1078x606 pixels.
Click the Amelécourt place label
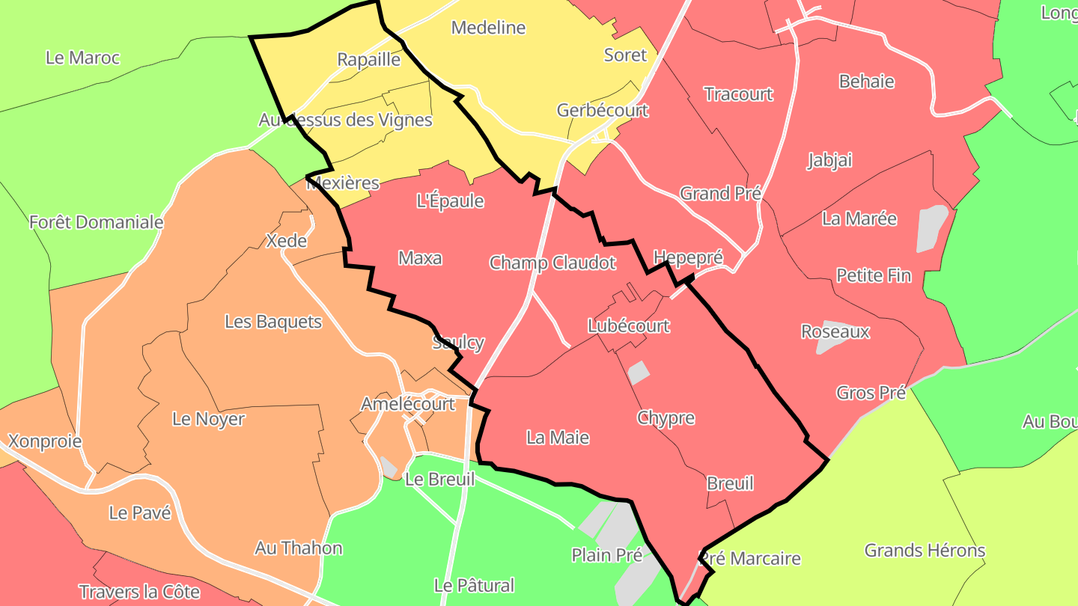pyautogui.click(x=407, y=404)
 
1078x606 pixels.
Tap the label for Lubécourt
pyautogui.click(x=628, y=326)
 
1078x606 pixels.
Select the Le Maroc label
pyautogui.click(x=82, y=58)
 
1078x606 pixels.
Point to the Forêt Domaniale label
pyautogui.click(x=96, y=222)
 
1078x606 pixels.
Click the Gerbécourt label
pyautogui.click(x=603, y=110)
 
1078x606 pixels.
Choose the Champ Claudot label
pyautogui.click(x=552, y=263)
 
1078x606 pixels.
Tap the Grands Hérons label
pyautogui.click(x=925, y=551)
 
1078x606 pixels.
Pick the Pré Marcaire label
pyautogui.click(x=750, y=558)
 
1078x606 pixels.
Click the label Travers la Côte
pyautogui.click(x=139, y=592)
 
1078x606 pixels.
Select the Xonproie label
pyautogui.click(x=44, y=441)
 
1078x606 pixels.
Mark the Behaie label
pyautogui.click(x=866, y=81)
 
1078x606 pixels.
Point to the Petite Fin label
pyautogui.click(x=874, y=275)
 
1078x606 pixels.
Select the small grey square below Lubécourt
pyautogui.click(x=638, y=372)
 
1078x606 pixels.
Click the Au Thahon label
pyautogui.click(x=298, y=548)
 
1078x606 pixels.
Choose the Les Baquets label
pyautogui.click(x=273, y=322)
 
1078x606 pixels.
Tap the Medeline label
pyautogui.click(x=488, y=28)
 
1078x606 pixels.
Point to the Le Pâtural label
pyautogui.click(x=474, y=585)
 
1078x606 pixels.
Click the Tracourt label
pyautogui.click(x=738, y=94)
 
